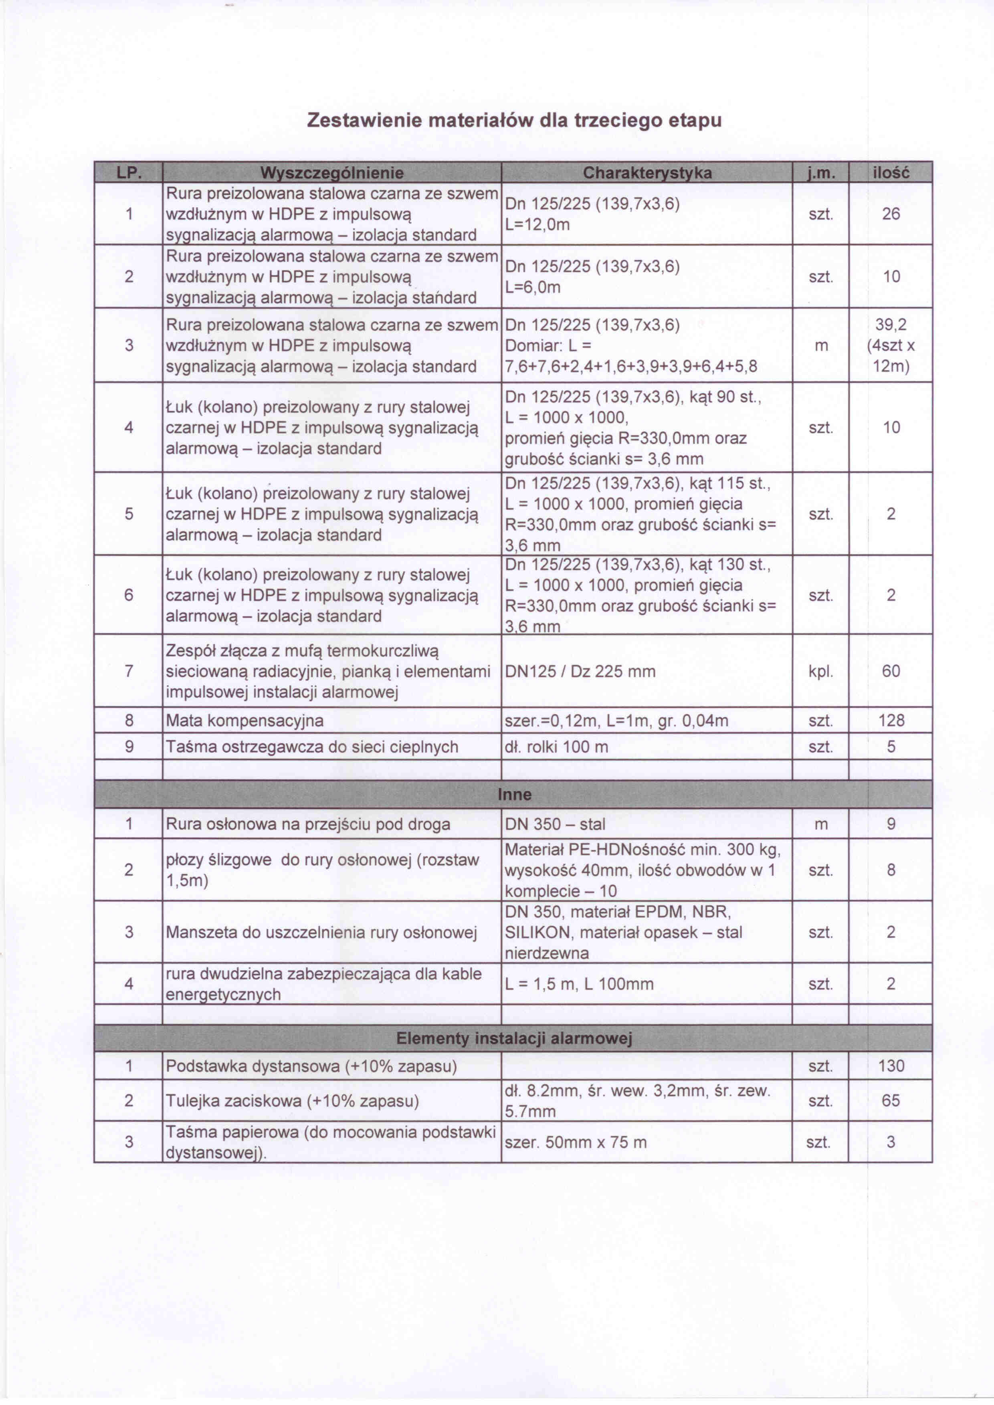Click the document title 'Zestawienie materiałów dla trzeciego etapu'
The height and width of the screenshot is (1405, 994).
(x=514, y=119)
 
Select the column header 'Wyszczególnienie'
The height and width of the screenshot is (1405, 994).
(x=332, y=173)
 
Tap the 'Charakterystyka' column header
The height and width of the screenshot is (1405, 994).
(x=647, y=173)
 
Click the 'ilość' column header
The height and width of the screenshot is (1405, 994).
(x=891, y=173)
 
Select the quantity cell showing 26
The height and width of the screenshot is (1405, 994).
(x=891, y=214)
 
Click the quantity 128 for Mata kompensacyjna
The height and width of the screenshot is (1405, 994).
(x=891, y=720)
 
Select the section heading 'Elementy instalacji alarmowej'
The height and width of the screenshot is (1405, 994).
(x=514, y=1038)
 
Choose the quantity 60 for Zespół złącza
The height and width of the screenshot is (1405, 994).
(x=891, y=671)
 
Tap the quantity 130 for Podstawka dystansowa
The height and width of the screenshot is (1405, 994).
(x=891, y=1066)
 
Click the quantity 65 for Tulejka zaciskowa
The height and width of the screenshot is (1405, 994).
(x=891, y=1101)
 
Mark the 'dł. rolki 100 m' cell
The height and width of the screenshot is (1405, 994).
(x=556, y=747)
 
